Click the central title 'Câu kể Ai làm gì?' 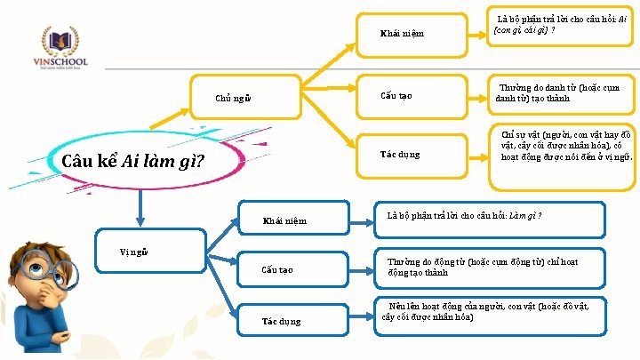point(134,163)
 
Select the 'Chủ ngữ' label point(234,98)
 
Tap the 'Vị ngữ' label point(134,252)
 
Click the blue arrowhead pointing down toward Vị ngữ point(138,217)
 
